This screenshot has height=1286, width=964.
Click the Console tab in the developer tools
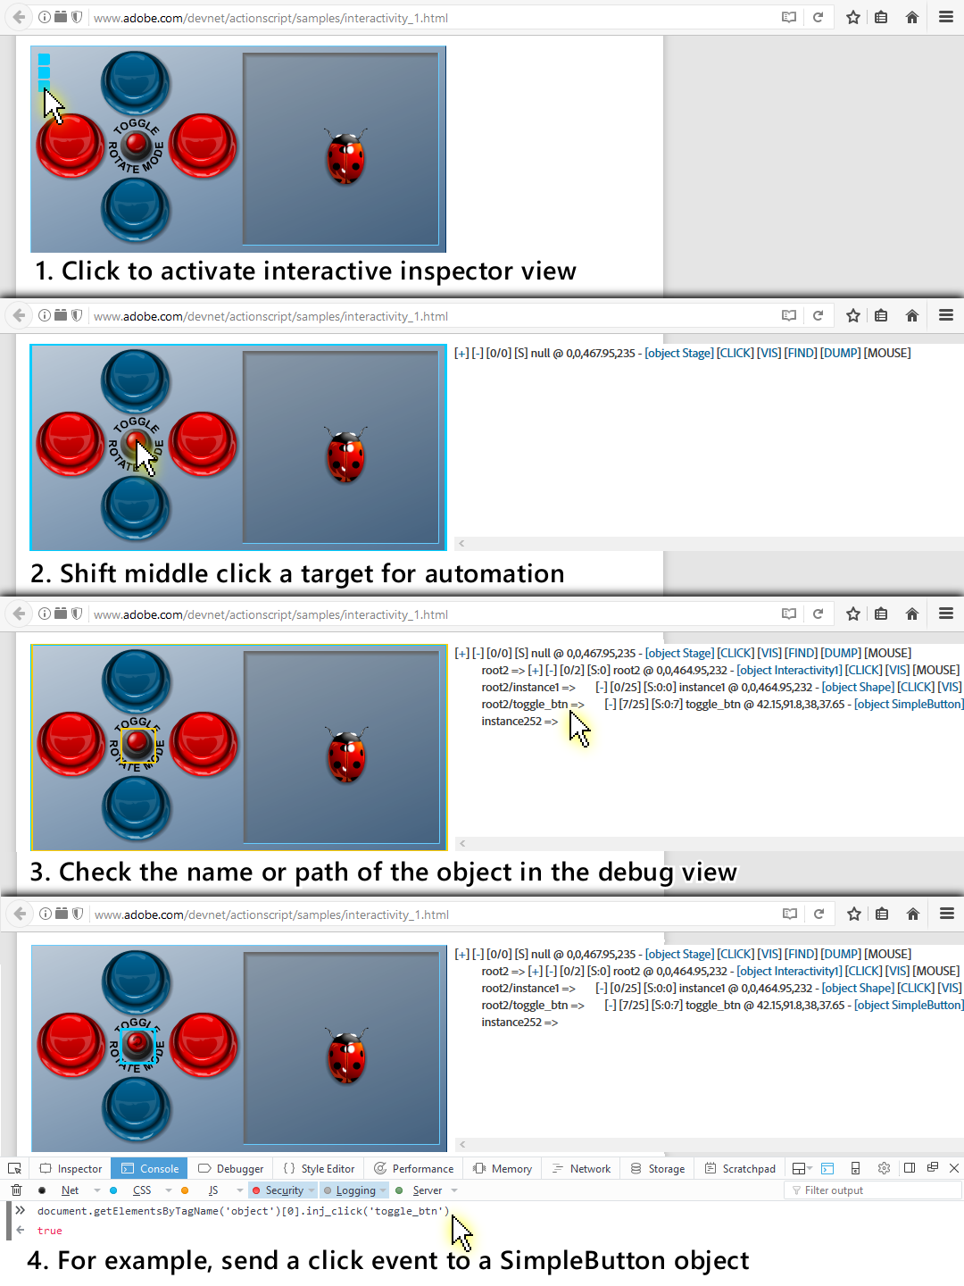149,1168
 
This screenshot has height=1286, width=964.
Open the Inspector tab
71,1168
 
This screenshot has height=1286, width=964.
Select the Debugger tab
230,1168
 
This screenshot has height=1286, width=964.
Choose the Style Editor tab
319,1168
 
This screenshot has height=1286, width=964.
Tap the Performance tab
414,1168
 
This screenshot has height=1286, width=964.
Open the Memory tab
503,1168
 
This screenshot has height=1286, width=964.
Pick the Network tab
581,1168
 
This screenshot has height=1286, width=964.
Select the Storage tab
658,1168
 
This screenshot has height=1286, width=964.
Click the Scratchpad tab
741,1168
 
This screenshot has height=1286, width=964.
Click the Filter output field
872,1190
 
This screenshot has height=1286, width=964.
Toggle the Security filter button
283,1190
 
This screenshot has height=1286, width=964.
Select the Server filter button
426,1190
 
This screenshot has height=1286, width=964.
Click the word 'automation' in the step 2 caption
494,573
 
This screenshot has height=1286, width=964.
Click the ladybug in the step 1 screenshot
346,156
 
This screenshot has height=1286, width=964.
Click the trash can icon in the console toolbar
16,1190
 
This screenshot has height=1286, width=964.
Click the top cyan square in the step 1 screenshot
44,59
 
